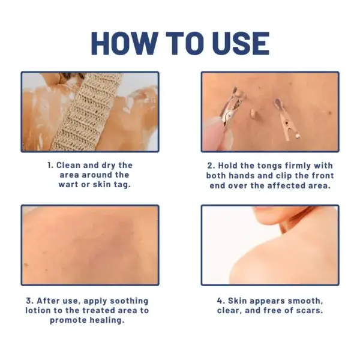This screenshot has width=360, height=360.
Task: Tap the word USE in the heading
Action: tap(236, 43)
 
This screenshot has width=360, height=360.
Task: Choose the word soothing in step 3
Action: tap(127, 301)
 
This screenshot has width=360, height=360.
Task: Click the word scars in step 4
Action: tap(309, 310)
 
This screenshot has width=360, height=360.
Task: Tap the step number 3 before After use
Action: tap(29, 301)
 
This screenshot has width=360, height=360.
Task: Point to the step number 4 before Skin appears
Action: tap(220, 301)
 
